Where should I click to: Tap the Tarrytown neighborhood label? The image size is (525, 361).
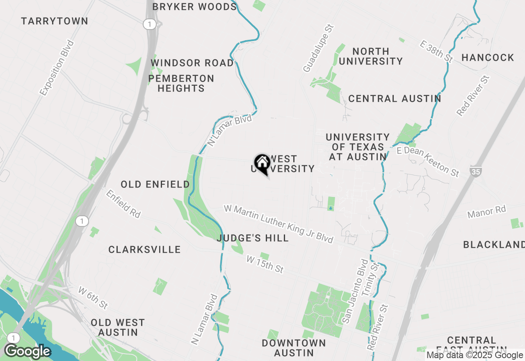click(x=55, y=21)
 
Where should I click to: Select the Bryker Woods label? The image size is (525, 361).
click(x=194, y=7)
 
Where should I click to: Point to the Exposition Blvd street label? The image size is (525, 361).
click(x=57, y=68)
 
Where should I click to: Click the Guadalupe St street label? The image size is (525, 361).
click(x=319, y=48)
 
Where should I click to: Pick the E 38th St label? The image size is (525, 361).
click(x=436, y=51)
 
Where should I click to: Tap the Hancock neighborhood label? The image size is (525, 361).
click(x=488, y=57)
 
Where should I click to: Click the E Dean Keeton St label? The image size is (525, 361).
click(x=428, y=162)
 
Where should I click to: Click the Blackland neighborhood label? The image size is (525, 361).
click(x=494, y=245)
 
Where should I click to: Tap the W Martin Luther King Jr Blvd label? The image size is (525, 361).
click(x=278, y=224)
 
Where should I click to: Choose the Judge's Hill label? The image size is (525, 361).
click(x=253, y=238)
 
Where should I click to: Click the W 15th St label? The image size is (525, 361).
click(x=265, y=264)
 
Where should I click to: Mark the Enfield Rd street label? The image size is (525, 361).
click(x=123, y=203)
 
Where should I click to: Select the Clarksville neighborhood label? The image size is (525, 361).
click(x=144, y=249)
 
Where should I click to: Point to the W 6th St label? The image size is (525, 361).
click(x=93, y=298)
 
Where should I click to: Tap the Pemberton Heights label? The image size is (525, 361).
click(x=181, y=83)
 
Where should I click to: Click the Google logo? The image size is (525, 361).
click(x=27, y=351)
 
